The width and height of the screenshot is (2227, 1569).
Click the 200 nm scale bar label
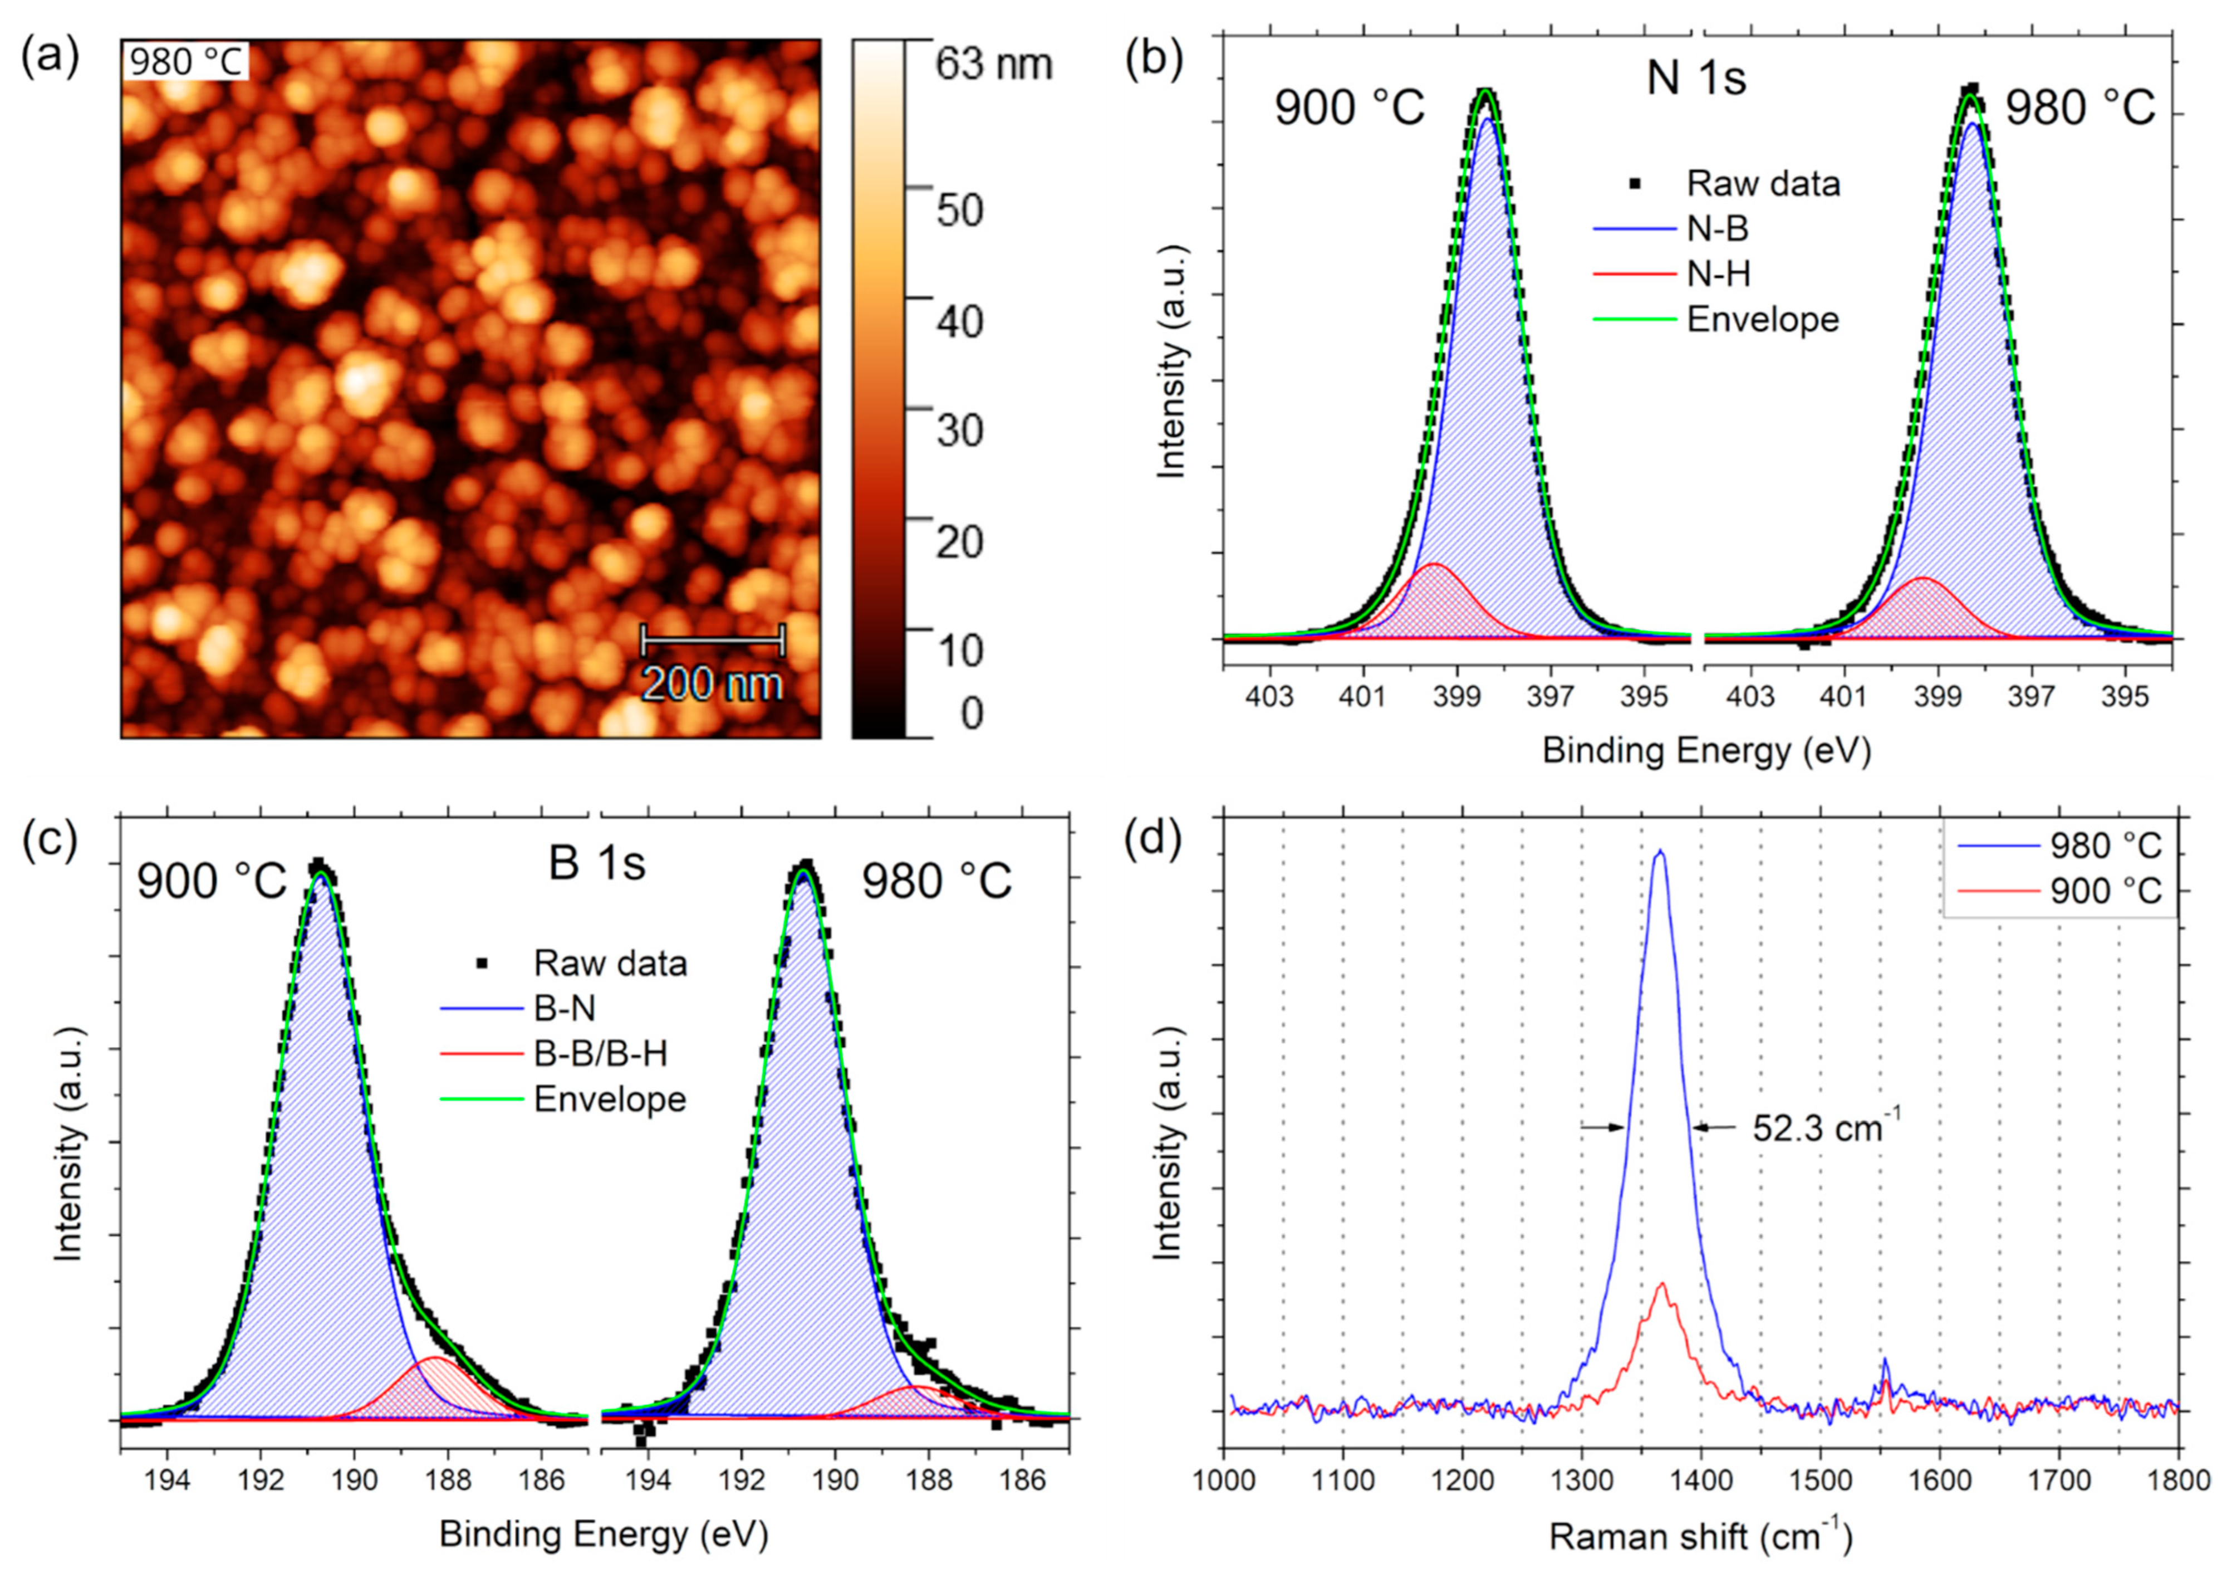pyautogui.click(x=712, y=685)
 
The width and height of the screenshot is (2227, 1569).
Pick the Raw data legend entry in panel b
pyautogui.click(x=1763, y=183)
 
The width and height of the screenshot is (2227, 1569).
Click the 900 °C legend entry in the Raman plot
pyautogui.click(x=2105, y=891)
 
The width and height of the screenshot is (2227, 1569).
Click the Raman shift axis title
pyautogui.click(x=1700, y=1537)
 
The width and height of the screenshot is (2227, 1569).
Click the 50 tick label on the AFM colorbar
pyautogui.click(x=959, y=211)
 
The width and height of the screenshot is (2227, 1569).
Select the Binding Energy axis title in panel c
pyautogui.click(x=604, y=1533)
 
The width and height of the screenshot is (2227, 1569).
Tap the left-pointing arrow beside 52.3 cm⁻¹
pyautogui.click(x=1715, y=1127)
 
